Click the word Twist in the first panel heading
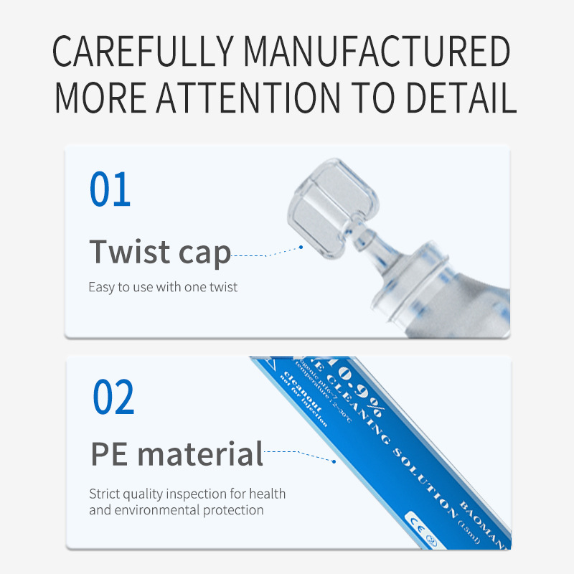(x=130, y=251)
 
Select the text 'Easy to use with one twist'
(x=163, y=287)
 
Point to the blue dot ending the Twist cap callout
(x=301, y=246)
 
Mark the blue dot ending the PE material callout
(x=333, y=461)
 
